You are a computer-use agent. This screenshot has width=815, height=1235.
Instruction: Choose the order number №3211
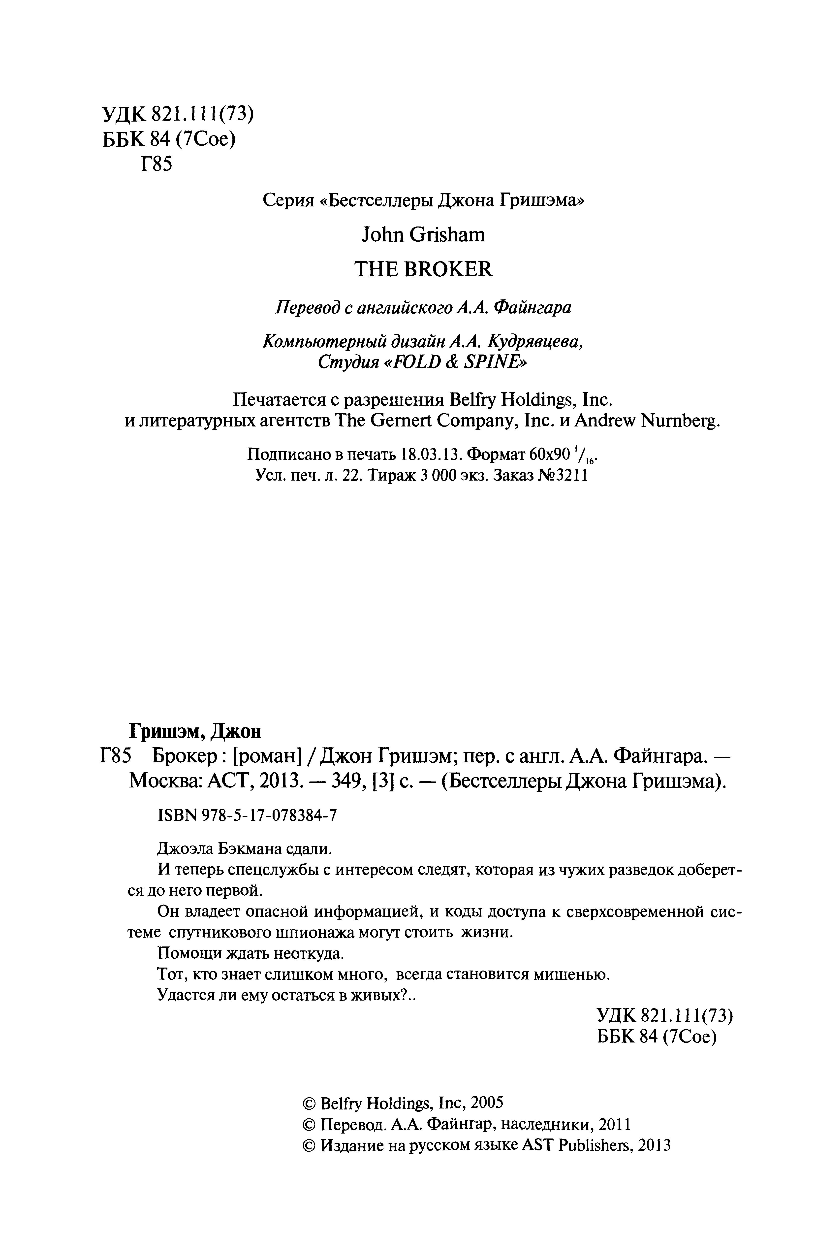(x=566, y=476)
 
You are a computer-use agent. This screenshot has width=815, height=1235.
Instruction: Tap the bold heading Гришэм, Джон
(x=195, y=731)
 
